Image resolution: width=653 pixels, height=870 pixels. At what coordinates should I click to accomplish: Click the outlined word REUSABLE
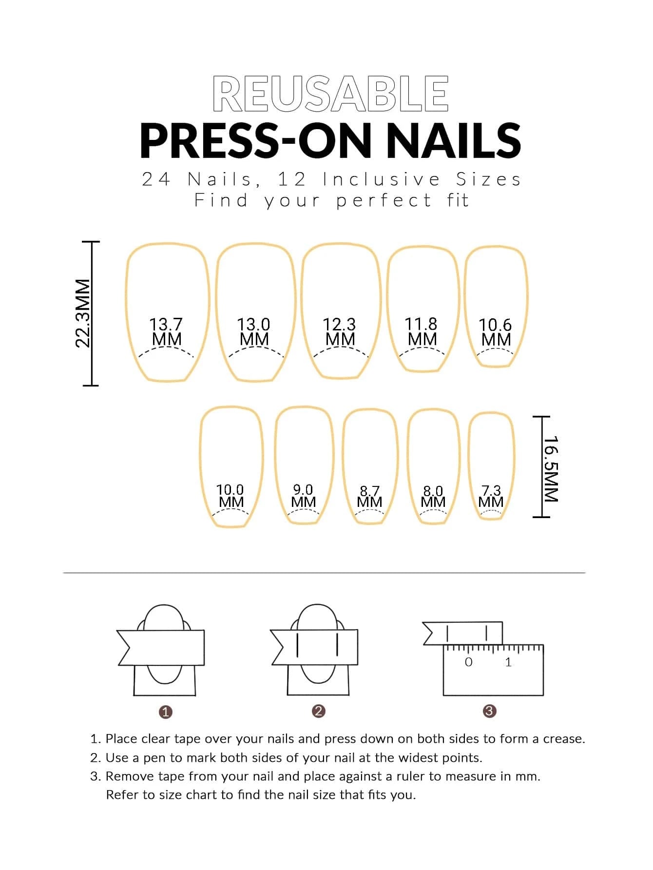coord(330,93)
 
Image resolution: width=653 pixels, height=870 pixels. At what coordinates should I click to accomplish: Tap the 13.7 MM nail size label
coord(166,331)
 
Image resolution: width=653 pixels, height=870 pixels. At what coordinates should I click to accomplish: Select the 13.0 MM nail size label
coord(254,331)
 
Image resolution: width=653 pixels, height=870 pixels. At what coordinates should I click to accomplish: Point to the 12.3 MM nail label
coord(340,331)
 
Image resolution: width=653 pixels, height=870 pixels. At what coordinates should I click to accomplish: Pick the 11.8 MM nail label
coord(422,331)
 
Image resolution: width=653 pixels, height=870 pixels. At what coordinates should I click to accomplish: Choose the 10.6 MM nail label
coord(496,332)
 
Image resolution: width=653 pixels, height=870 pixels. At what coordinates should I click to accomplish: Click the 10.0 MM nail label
coord(230,496)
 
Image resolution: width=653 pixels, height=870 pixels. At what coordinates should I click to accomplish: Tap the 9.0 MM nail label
coord(303,496)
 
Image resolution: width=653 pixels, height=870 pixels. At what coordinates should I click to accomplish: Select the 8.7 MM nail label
coord(369,497)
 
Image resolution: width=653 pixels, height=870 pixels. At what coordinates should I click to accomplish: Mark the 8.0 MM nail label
coord(433,497)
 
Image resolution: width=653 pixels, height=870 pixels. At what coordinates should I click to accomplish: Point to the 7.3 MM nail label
coord(491,497)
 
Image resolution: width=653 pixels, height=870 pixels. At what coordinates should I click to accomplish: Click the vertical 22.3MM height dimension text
coord(83,313)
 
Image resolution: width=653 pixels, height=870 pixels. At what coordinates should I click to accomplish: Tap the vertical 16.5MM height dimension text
coord(551,468)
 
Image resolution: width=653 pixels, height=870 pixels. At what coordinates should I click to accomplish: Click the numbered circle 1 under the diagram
coord(166,712)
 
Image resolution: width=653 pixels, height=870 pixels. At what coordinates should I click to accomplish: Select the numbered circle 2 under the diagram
coord(318,711)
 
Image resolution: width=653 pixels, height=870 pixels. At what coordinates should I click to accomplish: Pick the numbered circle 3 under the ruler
coord(489,711)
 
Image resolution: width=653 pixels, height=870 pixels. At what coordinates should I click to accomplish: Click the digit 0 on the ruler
coord(469,662)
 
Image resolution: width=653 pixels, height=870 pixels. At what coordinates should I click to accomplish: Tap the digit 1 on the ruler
coord(509,662)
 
